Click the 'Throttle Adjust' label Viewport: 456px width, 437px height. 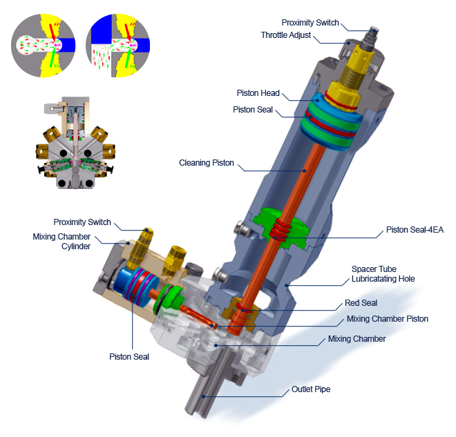point(286,35)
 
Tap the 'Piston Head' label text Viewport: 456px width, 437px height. point(258,93)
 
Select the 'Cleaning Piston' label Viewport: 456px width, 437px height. point(206,163)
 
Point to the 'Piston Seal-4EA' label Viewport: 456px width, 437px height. point(415,230)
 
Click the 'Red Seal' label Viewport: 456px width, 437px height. point(361,303)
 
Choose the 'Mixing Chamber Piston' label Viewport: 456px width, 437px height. point(388,319)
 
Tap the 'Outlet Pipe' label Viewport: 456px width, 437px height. point(311,389)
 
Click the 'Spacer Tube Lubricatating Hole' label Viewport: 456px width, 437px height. point(383,273)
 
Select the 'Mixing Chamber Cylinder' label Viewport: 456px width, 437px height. point(61,241)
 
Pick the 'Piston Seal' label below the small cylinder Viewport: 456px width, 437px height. point(129,356)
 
